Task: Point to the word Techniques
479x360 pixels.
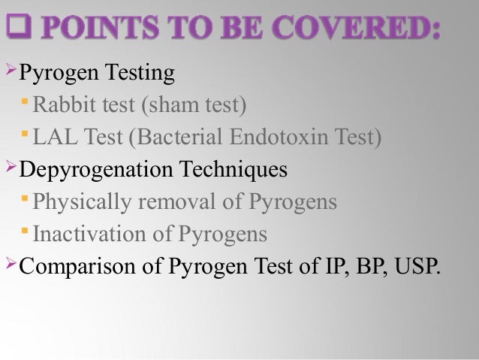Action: point(234,169)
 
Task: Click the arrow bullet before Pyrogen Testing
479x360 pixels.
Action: point(11,72)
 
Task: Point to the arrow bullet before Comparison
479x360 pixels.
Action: point(11,265)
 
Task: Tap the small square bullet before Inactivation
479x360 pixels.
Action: point(27,233)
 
